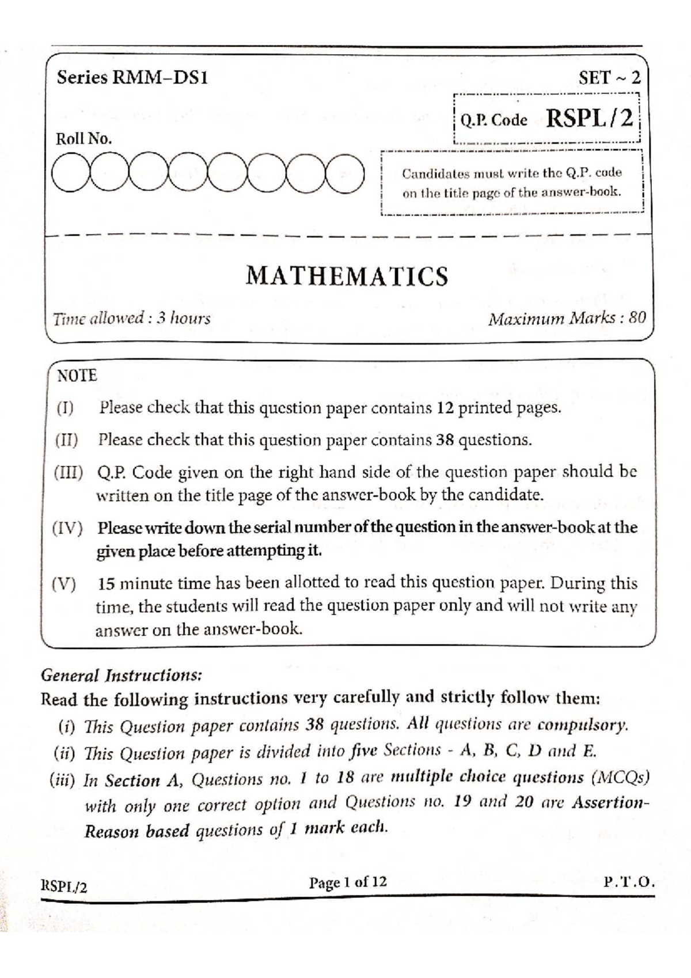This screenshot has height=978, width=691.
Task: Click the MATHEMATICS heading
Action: [x=347, y=276]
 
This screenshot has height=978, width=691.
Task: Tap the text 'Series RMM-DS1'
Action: [x=132, y=78]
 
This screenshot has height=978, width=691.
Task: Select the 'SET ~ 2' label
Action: [x=610, y=78]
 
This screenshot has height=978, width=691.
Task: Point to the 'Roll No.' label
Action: [x=83, y=139]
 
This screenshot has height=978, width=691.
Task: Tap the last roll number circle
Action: [x=345, y=173]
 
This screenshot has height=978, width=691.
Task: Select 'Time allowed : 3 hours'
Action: [x=132, y=318]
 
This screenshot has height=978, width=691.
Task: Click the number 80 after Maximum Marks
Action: [x=637, y=317]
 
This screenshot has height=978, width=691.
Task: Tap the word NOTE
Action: [x=77, y=376]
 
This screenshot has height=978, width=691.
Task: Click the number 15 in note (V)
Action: [x=108, y=583]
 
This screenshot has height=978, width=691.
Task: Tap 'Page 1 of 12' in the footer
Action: [x=348, y=882]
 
